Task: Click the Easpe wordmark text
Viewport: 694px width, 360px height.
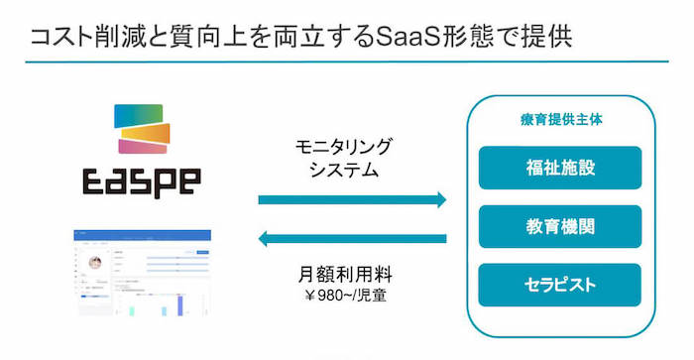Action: [x=140, y=181]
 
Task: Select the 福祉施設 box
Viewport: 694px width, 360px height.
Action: [x=559, y=168]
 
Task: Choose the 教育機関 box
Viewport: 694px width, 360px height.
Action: [x=559, y=226]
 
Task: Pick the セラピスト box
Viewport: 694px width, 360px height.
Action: [x=559, y=285]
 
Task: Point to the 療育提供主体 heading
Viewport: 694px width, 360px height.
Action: [x=560, y=119]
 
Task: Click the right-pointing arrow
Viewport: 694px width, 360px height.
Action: [x=352, y=199]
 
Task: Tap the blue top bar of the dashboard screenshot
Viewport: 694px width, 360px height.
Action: [x=145, y=235]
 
